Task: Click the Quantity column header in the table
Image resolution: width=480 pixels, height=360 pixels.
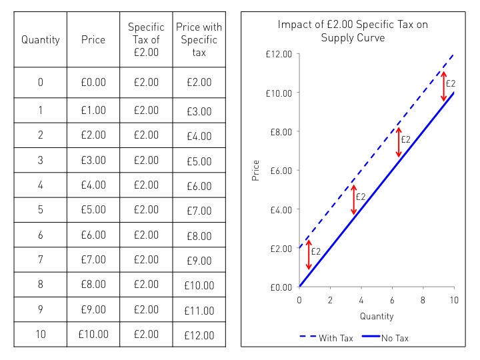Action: (x=41, y=39)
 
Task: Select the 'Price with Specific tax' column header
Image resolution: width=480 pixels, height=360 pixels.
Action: (x=199, y=39)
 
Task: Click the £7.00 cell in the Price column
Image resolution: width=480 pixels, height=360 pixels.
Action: (x=93, y=259)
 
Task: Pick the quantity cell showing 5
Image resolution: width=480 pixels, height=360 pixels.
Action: (x=41, y=210)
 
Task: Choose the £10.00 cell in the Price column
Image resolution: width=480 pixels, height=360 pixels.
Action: (x=93, y=334)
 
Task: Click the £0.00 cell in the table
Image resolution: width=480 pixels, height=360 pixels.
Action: (x=93, y=82)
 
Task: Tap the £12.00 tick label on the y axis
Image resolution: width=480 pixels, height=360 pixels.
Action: (x=279, y=54)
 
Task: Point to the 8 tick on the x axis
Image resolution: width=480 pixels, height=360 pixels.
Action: (x=423, y=301)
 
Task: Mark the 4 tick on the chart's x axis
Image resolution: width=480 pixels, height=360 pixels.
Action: (x=361, y=301)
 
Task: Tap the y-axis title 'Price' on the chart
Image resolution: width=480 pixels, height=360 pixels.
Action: (x=255, y=171)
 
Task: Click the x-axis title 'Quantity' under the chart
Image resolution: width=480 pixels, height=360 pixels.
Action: (x=377, y=316)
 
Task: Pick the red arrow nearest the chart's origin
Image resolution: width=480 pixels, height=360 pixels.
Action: (x=309, y=254)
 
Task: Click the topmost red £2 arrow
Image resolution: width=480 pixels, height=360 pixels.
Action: (x=444, y=87)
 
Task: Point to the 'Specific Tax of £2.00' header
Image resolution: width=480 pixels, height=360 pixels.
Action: (x=146, y=39)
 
